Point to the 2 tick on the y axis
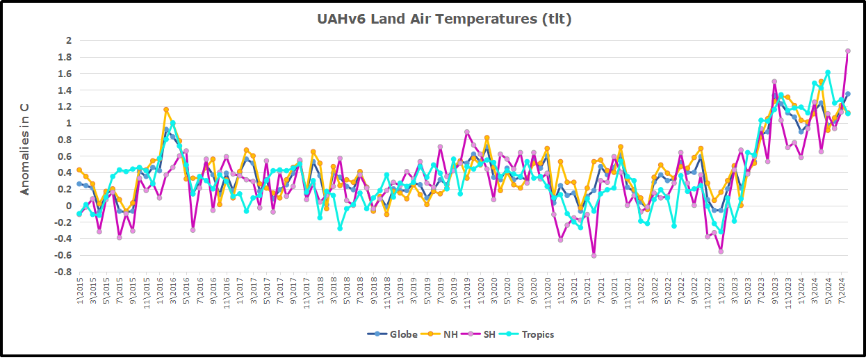coord(68,40)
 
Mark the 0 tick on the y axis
coord(68,206)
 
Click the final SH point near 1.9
coord(847,51)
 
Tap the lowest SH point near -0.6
coord(594,256)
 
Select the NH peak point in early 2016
coord(166,109)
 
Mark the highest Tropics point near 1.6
coord(828,72)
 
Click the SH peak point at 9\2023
coord(774,81)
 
